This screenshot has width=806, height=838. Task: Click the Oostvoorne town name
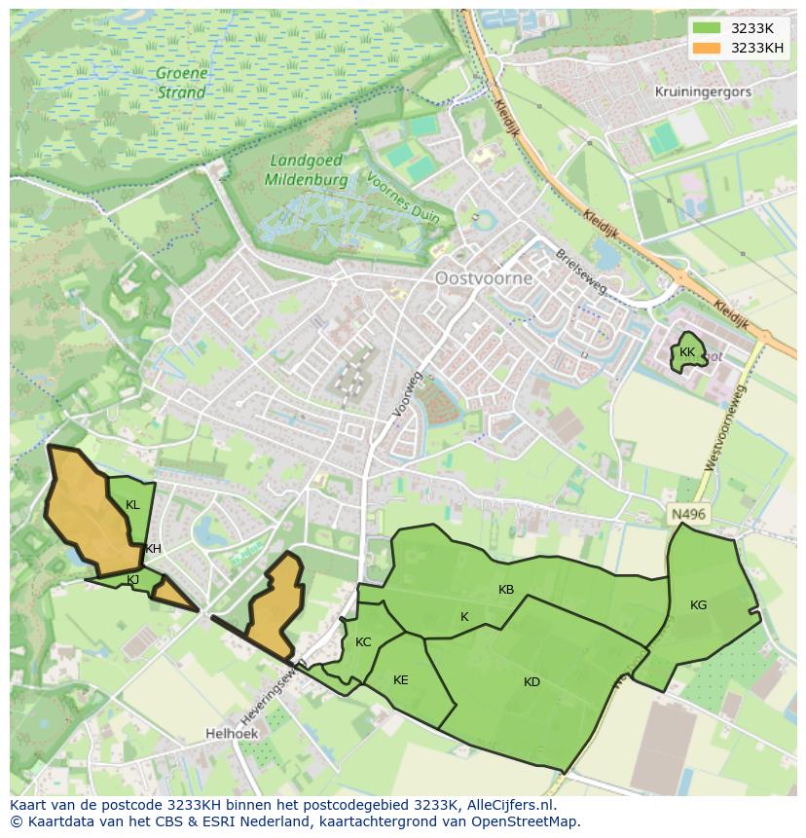(484, 278)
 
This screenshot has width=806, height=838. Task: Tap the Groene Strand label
(181, 84)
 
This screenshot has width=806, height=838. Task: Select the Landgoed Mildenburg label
(308, 170)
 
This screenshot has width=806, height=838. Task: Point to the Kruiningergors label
(703, 91)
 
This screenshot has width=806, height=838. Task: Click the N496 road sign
(688, 514)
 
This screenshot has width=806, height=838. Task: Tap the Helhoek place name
(231, 733)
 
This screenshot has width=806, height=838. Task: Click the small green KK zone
(688, 353)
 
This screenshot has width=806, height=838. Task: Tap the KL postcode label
(132, 505)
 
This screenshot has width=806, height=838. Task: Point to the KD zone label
(531, 682)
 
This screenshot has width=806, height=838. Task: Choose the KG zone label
(698, 605)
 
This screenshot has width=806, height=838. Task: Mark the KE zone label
(401, 680)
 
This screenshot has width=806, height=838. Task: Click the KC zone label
(363, 642)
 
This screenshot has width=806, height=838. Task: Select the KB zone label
(506, 590)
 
